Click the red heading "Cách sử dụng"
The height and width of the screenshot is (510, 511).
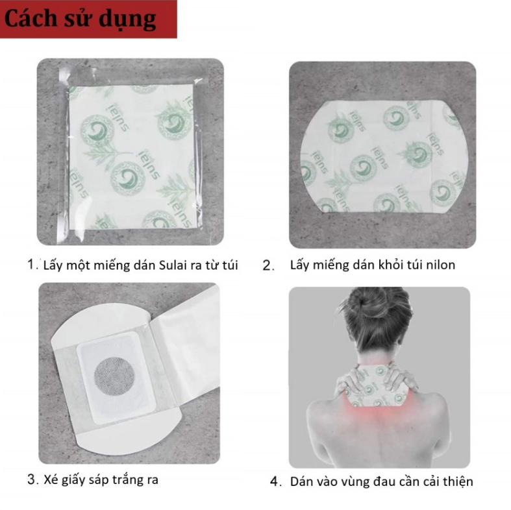[80, 19]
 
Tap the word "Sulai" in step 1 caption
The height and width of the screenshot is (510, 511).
[173, 265]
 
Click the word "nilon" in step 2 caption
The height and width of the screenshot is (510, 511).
[441, 265]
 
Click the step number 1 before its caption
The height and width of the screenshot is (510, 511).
[32, 265]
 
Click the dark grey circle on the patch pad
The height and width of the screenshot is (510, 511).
[114, 377]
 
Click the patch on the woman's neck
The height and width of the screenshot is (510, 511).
[377, 387]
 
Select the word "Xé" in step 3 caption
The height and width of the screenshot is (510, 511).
[51, 480]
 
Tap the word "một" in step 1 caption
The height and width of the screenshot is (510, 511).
[78, 265]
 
